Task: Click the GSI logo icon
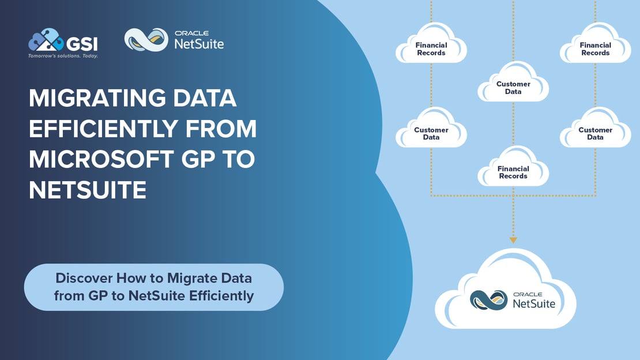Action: pyautogui.click(x=44, y=40)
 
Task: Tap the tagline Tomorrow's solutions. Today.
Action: pyautogui.click(x=63, y=56)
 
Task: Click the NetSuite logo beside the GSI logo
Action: pyautogui.click(x=174, y=40)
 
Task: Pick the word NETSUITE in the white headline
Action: pyautogui.click(x=88, y=190)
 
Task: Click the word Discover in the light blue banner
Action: pyautogui.click(x=84, y=278)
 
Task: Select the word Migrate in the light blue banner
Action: pyautogui.click(x=191, y=278)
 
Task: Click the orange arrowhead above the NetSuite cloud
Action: pyautogui.click(x=513, y=239)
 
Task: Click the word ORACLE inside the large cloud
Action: pyautogui.click(x=526, y=292)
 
